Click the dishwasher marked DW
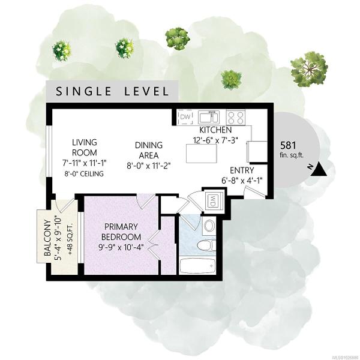[185, 117]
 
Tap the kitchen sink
[209, 117]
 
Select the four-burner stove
[236, 117]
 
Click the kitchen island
[202, 154]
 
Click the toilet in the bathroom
[206, 245]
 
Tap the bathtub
[197, 266]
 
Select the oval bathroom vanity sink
[209, 226]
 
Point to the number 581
[289, 145]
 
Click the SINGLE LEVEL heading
[112, 91]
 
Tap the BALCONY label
[47, 238]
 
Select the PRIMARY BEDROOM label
[121, 232]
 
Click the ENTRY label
[242, 170]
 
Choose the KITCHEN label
[215, 130]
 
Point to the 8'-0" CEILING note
[84, 173]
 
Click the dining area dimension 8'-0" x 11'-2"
[149, 166]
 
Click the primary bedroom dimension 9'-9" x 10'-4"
[121, 247]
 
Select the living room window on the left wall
[49, 151]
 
